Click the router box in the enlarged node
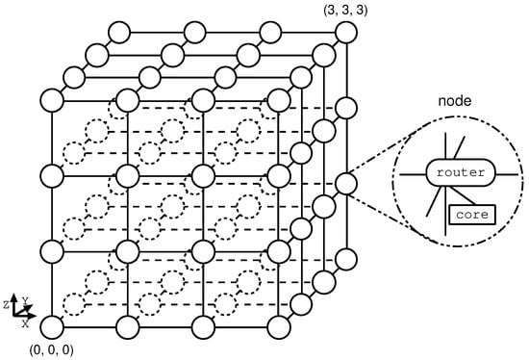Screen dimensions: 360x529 click(x=456, y=173)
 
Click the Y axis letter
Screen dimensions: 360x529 click(x=26, y=301)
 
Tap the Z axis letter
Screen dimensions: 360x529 click(x=7, y=303)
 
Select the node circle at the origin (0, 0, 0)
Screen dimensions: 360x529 click(x=52, y=327)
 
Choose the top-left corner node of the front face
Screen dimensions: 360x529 click(x=52, y=99)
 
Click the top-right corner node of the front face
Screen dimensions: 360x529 click(x=278, y=99)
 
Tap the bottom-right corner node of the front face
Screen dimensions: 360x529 click(x=278, y=327)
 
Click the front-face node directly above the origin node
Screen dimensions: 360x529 click(x=52, y=251)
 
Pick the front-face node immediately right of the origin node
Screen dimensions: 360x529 click(x=127, y=327)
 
